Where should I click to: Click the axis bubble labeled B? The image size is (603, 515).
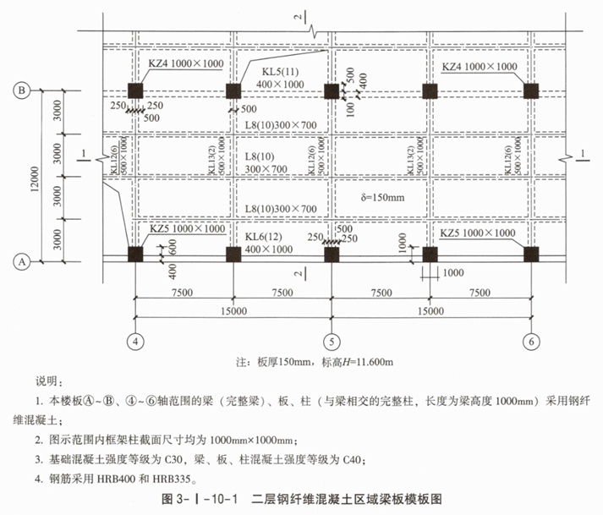click(x=24, y=90)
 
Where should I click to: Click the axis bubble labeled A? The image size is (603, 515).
click(x=24, y=262)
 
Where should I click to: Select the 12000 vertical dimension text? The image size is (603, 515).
click(x=31, y=176)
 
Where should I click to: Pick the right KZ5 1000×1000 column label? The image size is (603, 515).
click(x=478, y=233)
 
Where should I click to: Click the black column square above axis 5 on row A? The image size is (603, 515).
click(x=332, y=253)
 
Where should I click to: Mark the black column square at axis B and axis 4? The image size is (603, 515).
click(x=134, y=90)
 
